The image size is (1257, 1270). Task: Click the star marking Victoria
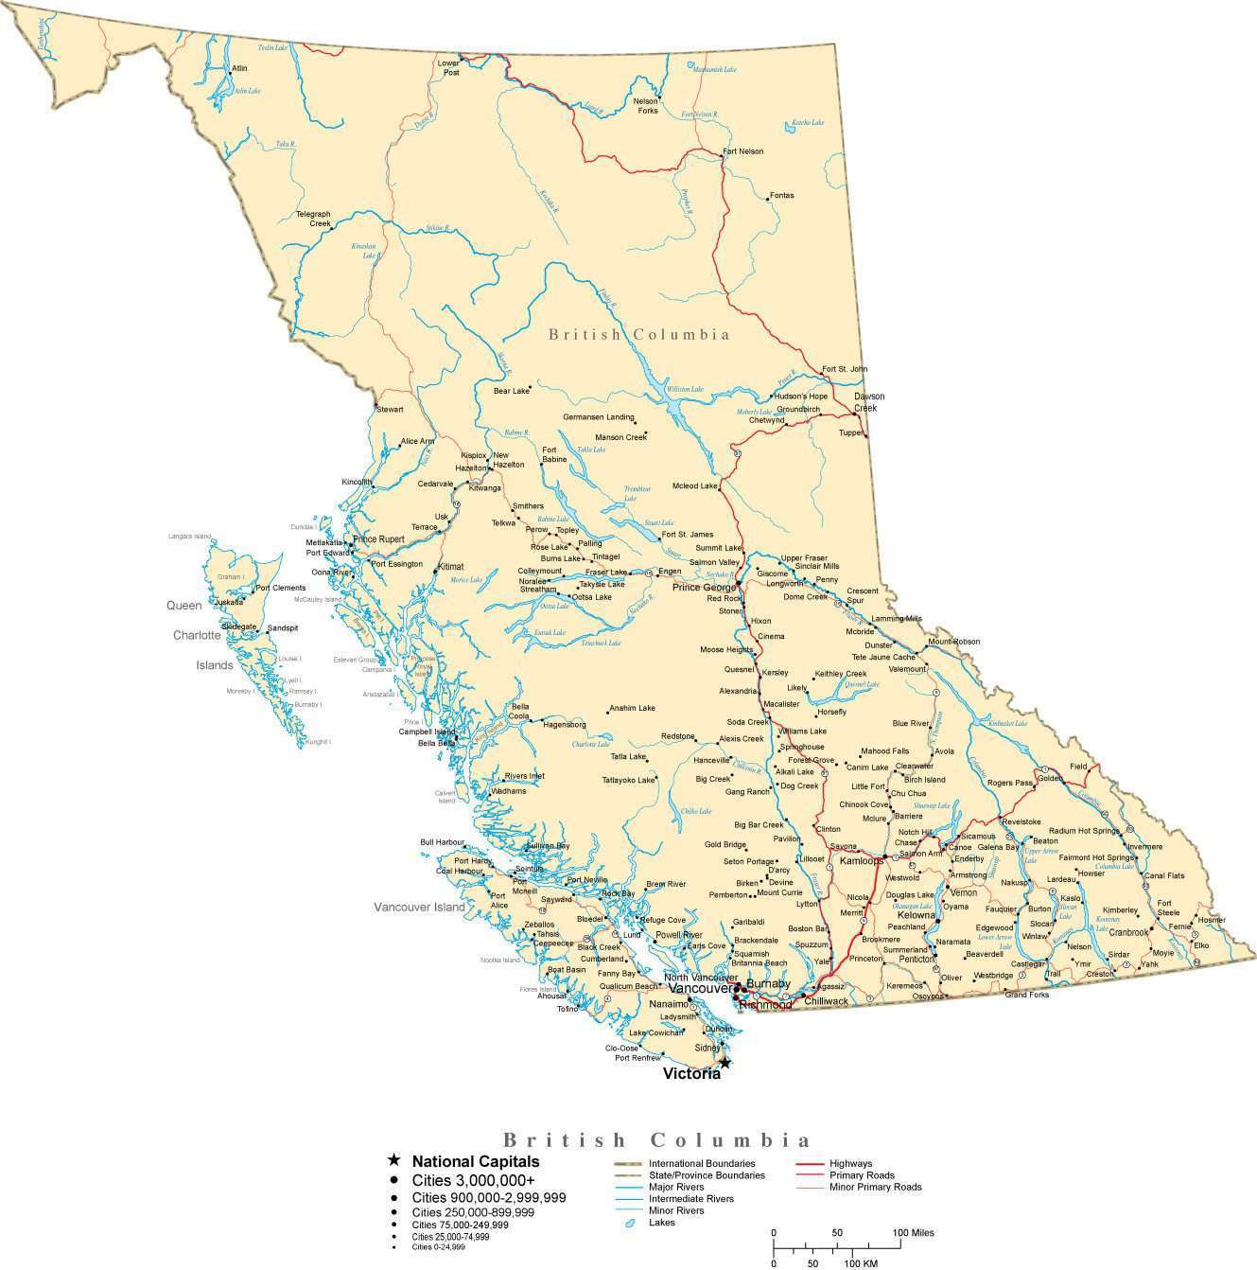tap(725, 1063)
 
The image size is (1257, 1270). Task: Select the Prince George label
tap(704, 588)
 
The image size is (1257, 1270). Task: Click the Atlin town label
tap(239, 69)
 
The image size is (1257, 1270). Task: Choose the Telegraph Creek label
tap(313, 219)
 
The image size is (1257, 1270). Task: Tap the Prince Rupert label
tap(378, 539)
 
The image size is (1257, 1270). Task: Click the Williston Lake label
tap(684, 389)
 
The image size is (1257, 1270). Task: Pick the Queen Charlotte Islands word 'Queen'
tap(184, 606)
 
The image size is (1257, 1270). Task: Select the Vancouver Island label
tap(419, 907)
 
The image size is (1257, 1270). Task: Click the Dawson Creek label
tap(869, 402)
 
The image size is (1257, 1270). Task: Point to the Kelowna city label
tap(916, 916)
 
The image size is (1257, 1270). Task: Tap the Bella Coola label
tap(520, 712)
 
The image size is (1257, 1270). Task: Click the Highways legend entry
tap(850, 1164)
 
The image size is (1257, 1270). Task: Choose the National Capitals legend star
tap(393, 1161)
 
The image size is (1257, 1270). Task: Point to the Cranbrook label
tap(1129, 932)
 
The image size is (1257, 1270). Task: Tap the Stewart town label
tap(390, 410)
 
